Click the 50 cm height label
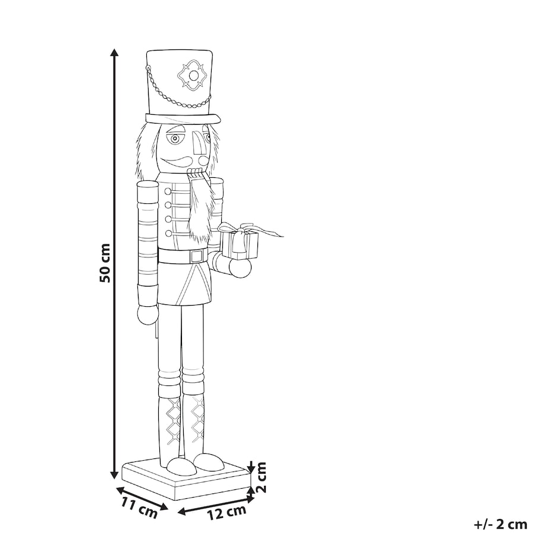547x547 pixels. [105, 263]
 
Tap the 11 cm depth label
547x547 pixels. [140, 508]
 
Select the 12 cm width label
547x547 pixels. [227, 512]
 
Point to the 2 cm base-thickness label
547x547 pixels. [261, 477]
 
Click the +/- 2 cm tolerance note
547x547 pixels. [501, 524]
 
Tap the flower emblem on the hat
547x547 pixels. [192, 76]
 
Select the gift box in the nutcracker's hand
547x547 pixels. [239, 244]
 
